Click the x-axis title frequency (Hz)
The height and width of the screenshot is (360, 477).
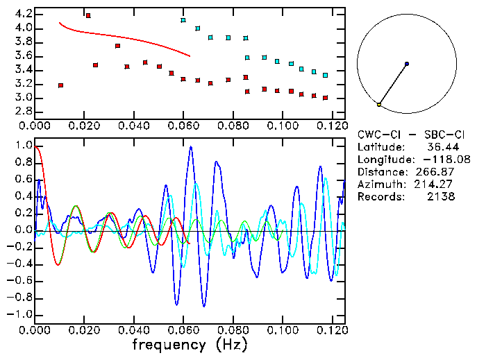pyautogui.click(x=191, y=344)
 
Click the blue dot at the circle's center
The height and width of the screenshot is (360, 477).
pyautogui.click(x=407, y=64)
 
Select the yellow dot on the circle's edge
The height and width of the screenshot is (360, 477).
pyautogui.click(x=379, y=104)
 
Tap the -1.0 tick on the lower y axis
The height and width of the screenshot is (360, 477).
pyautogui.click(x=22, y=314)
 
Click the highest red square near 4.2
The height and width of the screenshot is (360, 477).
pyautogui.click(x=88, y=15)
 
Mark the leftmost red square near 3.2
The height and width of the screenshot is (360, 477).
pyautogui.click(x=61, y=85)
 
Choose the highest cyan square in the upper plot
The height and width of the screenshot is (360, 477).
pyautogui.click(x=183, y=21)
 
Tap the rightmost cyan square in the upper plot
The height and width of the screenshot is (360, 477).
pyautogui.click(x=325, y=75)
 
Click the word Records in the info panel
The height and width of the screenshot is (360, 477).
pyautogui.click(x=379, y=197)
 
